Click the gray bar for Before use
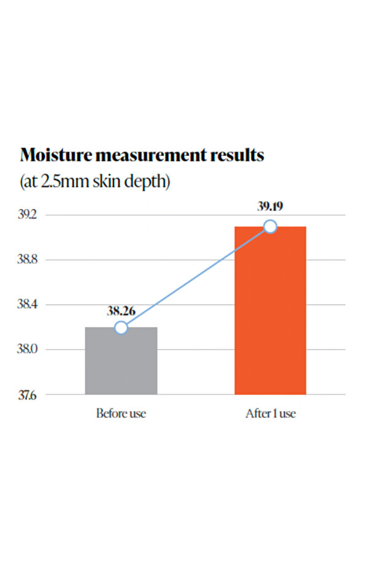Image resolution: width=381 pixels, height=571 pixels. click(121, 361)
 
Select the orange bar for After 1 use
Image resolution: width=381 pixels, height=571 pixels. click(271, 310)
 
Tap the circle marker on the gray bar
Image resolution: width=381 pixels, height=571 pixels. click(121, 328)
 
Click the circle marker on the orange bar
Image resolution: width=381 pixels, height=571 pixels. click(271, 226)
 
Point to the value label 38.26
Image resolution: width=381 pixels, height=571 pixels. click(121, 310)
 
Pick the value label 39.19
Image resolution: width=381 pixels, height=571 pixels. click(271, 206)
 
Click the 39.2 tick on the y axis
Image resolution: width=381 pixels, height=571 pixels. click(28, 215)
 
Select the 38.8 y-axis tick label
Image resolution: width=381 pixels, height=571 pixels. click(28, 259)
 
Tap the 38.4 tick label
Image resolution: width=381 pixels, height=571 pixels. click(28, 304)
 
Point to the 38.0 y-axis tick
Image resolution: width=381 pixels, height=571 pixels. click(28, 349)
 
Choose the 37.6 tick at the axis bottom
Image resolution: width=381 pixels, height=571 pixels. click(28, 395)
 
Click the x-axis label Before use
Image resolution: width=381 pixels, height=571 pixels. click(121, 413)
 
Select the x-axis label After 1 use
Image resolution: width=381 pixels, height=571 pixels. click(271, 413)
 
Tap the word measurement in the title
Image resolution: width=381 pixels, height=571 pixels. click(151, 156)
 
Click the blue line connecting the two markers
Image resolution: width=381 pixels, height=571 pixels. click(196, 277)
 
